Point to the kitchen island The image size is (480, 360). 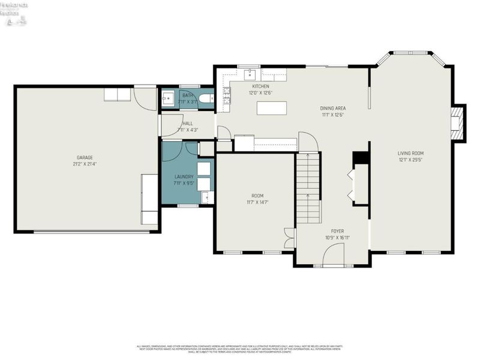point(271,108)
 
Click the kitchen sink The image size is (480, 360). point(250,75)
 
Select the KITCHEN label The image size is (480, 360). point(260,86)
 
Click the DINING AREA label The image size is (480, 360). point(333,108)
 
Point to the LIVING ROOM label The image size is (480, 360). point(410,154)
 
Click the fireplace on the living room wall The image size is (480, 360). point(458,123)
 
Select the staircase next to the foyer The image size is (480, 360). point(308,187)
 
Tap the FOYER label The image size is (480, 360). point(337,230)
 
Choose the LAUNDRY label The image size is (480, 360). point(184,176)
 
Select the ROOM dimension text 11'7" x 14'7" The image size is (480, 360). point(257,202)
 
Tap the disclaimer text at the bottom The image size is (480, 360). point(240,349)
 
